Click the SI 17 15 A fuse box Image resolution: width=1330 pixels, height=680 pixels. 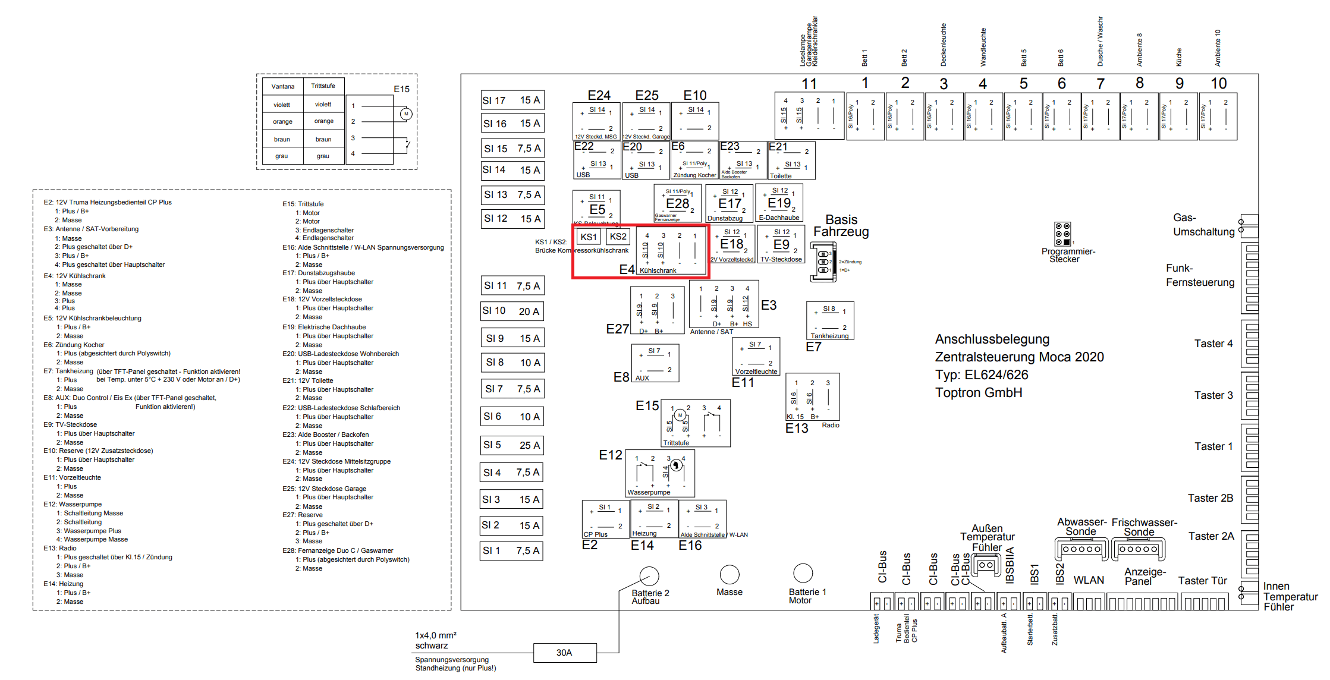512,100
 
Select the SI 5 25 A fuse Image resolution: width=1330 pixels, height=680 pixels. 512,445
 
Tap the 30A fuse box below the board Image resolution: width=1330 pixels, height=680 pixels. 564,653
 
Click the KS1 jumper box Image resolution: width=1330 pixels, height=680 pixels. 589,237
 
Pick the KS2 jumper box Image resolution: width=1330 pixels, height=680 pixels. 618,237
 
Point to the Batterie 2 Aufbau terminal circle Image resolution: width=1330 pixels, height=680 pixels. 649,576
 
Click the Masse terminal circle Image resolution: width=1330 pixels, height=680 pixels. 730,574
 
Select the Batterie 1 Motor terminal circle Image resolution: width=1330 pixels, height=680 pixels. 803,573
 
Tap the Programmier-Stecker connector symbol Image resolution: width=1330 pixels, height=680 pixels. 1062,234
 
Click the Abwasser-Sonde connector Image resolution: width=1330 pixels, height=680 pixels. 1081,549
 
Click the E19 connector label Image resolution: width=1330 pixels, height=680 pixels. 779,203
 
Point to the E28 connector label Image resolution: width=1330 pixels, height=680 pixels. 678,204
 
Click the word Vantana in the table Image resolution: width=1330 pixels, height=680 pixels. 283,86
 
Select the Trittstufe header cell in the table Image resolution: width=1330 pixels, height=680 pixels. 323,86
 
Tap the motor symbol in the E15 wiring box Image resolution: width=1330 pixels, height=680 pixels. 406,114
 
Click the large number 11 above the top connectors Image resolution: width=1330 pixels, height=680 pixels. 809,84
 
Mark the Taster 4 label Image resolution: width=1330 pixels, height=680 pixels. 1213,344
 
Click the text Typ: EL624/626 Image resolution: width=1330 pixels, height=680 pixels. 982,375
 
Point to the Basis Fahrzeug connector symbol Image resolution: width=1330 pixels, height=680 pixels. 823,262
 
